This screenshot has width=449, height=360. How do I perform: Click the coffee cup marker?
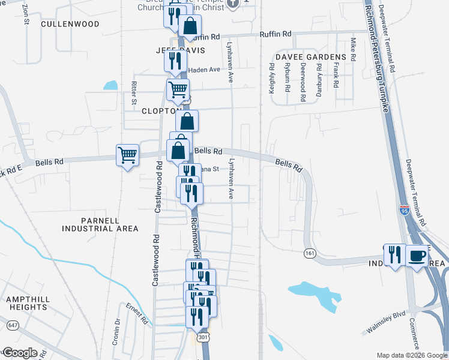coord(417,256)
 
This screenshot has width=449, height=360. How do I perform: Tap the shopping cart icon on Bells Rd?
coord(127,155)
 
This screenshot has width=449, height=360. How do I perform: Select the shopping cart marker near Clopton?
coord(178,90)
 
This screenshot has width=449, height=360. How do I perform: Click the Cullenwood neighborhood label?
coord(70,25)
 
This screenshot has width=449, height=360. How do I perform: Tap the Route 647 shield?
coord(11,325)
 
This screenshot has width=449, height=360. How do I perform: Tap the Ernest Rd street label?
coord(137,314)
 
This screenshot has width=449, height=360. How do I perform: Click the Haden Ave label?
coord(205,70)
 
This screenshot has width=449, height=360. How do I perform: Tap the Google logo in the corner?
coord(19,352)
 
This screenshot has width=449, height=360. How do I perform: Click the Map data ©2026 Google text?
coord(412,355)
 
